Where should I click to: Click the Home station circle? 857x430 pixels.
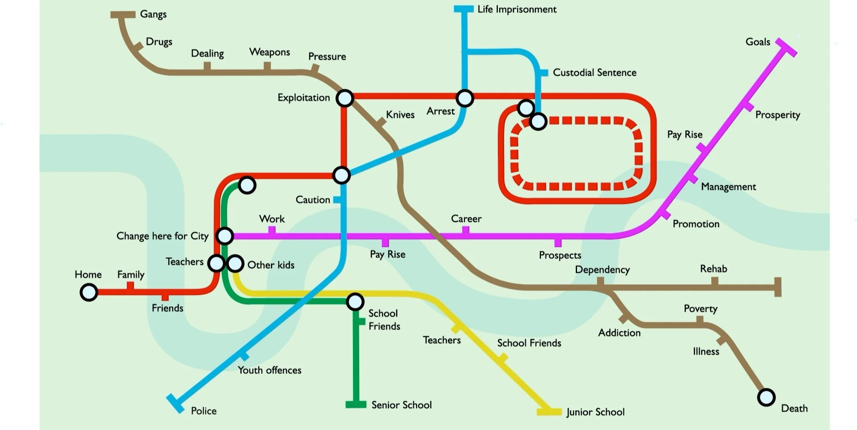coord(89,293)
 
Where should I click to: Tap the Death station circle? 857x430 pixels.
coord(766,397)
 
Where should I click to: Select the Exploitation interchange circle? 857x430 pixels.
coord(344,98)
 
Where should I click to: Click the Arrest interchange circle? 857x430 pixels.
coord(465,98)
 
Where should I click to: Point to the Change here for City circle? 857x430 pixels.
coord(225,236)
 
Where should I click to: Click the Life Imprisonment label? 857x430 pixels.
coord(517,9)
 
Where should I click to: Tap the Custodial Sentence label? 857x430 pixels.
coord(595,73)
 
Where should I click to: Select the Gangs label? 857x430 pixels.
coord(154,14)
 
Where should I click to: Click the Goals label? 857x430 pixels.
coord(758,42)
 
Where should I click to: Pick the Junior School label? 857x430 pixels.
coord(596,412)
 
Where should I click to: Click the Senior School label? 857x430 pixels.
coord(402,405)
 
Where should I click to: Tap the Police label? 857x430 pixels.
coord(204,411)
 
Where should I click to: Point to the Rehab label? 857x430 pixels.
coord(714,269)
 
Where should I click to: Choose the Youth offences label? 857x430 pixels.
coord(270,370)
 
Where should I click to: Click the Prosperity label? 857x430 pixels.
coord(778,115)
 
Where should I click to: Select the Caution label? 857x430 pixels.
coord(313,200)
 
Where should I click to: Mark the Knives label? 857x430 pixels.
coord(400,115)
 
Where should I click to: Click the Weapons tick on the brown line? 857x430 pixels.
coord(267,67)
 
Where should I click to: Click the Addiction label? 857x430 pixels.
coord(619,333)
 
